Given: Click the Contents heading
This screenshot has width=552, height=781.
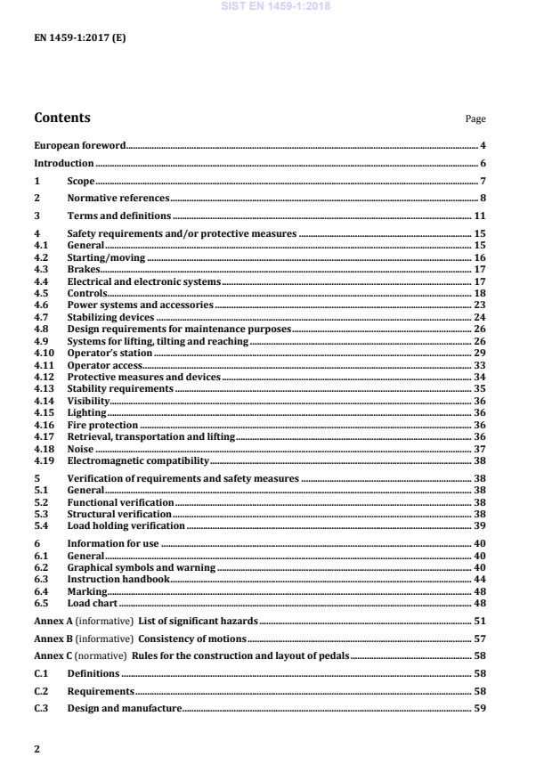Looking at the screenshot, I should click(61, 118).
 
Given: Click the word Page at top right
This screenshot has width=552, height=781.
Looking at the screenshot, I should click(475, 119).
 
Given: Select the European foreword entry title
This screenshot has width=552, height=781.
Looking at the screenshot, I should click(79, 145).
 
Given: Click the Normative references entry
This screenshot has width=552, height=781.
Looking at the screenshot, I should click(118, 199).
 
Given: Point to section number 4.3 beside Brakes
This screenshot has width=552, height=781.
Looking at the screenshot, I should click(40, 268).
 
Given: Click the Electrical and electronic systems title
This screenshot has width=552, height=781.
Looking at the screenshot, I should click(143, 281).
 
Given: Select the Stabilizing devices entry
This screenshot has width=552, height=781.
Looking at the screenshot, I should click(110, 317).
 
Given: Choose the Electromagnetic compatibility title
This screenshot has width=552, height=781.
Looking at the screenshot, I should click(138, 460).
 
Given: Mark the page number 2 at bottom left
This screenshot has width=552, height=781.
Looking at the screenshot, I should click(37, 749).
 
